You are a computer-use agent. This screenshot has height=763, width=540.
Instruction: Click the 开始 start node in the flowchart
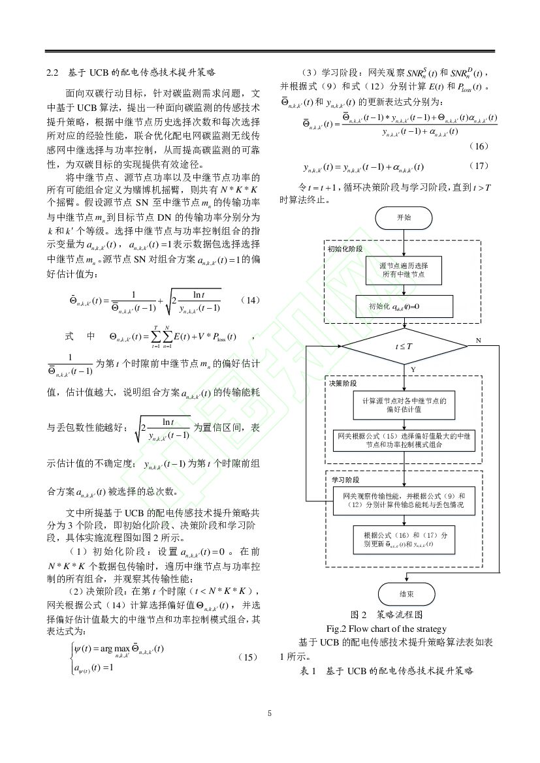pyautogui.click(x=404, y=218)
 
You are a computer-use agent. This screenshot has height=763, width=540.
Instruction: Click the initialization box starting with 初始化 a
pyautogui.click(x=404, y=305)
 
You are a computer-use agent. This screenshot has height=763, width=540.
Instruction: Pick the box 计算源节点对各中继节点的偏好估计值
pyautogui.click(x=404, y=406)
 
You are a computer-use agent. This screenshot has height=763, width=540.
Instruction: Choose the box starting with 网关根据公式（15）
pyautogui.click(x=404, y=439)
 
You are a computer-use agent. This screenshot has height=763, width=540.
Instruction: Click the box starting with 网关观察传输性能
pyautogui.click(x=404, y=500)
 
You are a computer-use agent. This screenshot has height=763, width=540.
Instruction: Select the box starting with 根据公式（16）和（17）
pyautogui.click(x=404, y=539)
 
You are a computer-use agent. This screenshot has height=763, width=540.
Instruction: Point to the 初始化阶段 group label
pyautogui.click(x=345, y=249)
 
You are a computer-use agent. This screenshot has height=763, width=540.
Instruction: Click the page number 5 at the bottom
pyautogui.click(x=270, y=713)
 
